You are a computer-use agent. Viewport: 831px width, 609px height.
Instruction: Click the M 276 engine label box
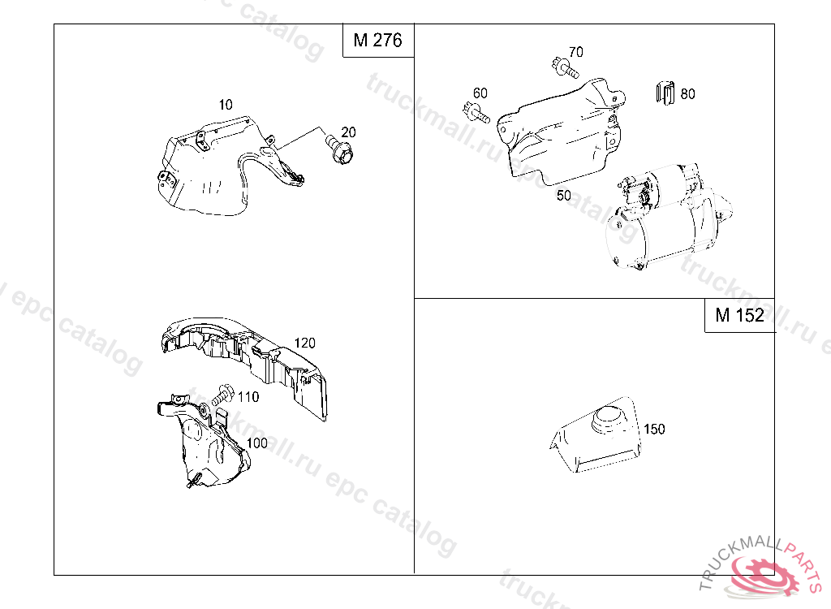click(378, 41)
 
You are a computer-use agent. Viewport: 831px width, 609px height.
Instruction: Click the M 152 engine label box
click(739, 315)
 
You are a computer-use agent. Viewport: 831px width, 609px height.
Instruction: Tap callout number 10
click(226, 105)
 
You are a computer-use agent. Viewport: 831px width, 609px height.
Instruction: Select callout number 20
click(348, 132)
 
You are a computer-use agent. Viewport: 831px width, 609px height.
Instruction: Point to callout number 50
click(564, 195)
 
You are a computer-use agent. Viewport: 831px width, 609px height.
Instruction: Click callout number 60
click(480, 93)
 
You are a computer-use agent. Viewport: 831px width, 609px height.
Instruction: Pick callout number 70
click(576, 51)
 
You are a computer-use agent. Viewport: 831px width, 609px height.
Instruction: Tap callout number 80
click(687, 94)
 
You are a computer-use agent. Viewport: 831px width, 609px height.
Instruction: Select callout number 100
click(257, 443)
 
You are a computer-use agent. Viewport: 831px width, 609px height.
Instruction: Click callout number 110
click(248, 397)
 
